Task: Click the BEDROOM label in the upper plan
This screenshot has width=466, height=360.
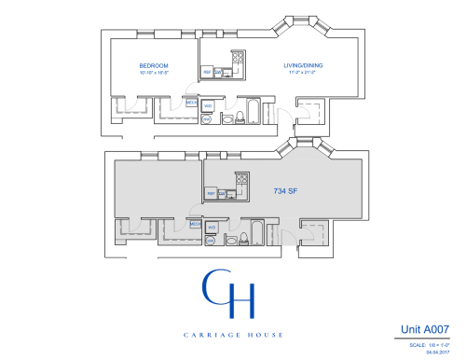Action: coord(154,65)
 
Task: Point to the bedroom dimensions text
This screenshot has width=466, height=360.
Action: coord(154,73)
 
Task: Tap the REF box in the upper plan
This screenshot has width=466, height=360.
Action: coord(208,72)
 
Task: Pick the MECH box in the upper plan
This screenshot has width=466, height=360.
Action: coord(191,104)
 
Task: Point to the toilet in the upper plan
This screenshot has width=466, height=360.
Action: coord(240,117)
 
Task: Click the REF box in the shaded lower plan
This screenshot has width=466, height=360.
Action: coord(212,193)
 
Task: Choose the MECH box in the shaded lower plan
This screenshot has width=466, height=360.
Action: coord(196,224)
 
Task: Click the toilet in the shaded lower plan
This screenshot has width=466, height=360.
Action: coord(244,239)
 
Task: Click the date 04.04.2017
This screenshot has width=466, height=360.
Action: coord(438,352)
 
